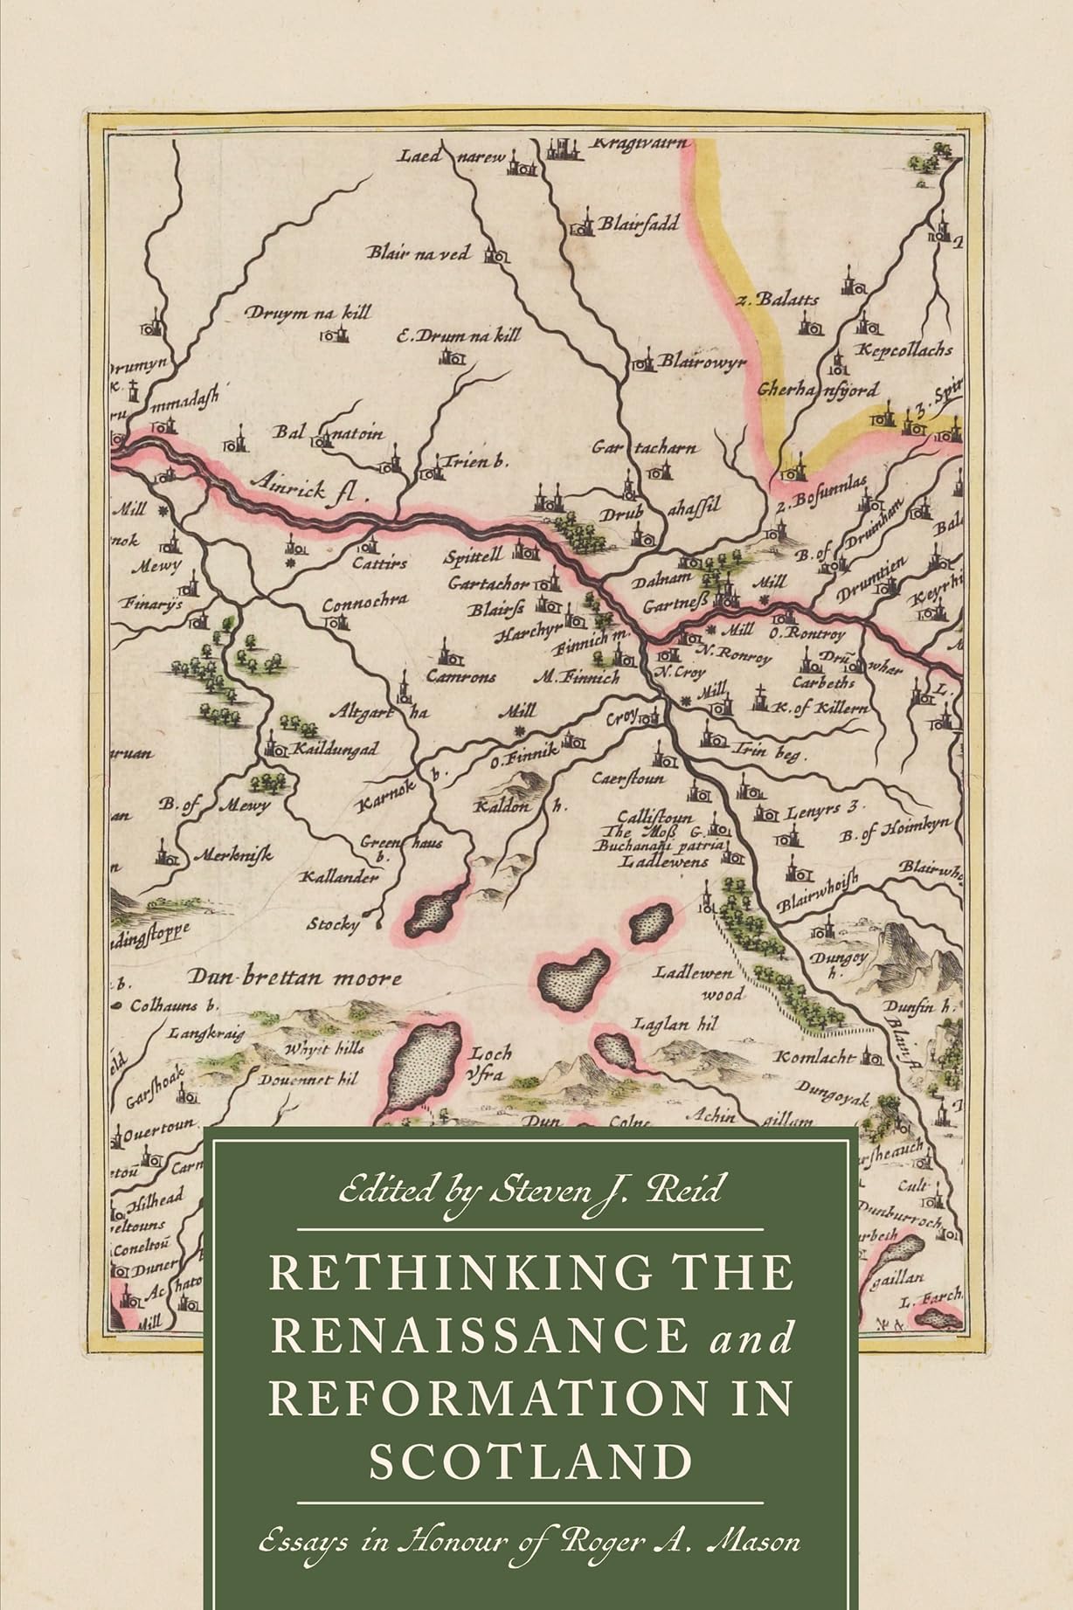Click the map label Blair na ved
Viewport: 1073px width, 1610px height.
coord(419,253)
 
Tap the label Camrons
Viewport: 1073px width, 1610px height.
coord(460,675)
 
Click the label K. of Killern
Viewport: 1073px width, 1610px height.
coord(822,708)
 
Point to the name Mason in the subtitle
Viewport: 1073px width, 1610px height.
coord(753,1516)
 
